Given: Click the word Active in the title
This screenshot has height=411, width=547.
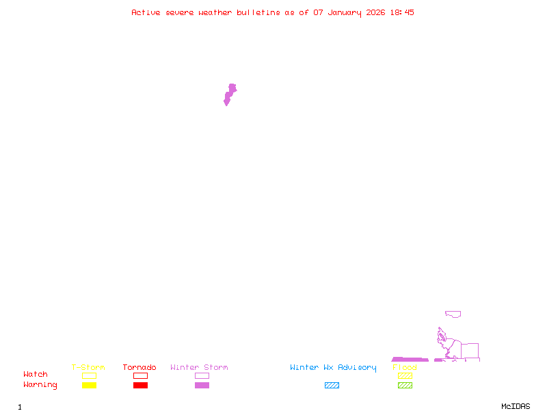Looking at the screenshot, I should pos(146,12).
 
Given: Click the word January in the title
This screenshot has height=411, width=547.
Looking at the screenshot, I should pos(345,12).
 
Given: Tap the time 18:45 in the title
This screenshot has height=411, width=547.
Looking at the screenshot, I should pos(401,12).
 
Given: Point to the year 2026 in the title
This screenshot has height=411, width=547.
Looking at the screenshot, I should pos(376,12).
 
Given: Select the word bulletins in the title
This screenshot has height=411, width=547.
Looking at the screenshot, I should pos(258,12).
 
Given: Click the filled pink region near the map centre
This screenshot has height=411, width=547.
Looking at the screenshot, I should pos(230,94).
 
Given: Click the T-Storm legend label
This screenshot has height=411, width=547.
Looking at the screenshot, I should pos(88,368).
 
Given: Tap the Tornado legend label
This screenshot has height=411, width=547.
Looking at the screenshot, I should pos(139,368).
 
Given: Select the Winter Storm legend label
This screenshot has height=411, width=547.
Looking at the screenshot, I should pos(199,368).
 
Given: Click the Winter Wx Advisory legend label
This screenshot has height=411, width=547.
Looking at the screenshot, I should pos(333,368).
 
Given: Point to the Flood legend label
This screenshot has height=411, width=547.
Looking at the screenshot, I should pos(405,368).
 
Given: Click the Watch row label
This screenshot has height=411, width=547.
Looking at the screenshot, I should pos(36,375).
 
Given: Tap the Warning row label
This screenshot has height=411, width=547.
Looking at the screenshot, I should pos(40,385).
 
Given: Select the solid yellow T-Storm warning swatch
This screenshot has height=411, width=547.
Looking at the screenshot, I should pos(89,386).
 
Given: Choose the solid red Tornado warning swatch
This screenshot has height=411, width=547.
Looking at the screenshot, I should pos(140,386).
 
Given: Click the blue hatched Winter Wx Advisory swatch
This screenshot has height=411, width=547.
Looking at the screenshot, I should pos(332,386).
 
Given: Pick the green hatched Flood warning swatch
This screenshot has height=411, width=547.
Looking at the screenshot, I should pos(405,386).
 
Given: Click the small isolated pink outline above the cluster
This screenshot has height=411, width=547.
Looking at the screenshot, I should pos(453,314).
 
